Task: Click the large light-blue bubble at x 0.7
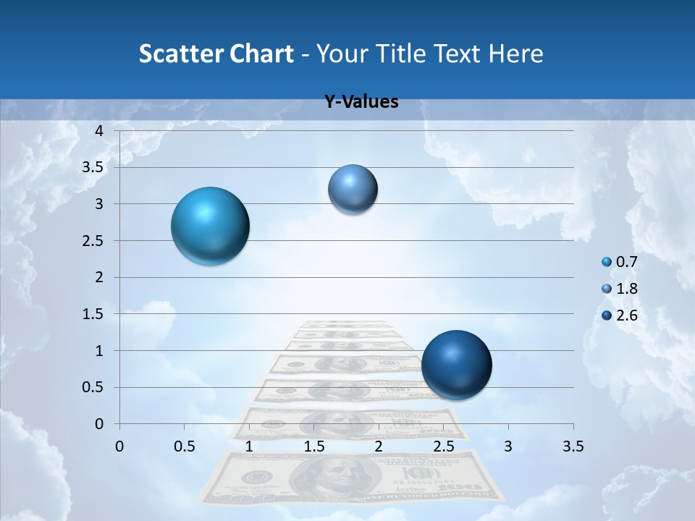coord(210,226)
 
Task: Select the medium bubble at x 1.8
coord(353,189)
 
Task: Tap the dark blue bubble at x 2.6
coord(456,365)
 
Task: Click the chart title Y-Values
coord(361,102)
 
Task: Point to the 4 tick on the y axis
coord(100,131)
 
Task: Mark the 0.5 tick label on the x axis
coord(184,446)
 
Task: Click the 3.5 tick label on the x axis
coord(573,446)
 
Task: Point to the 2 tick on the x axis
coord(379,446)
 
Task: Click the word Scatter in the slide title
coord(178,54)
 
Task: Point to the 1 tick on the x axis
coord(249,446)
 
